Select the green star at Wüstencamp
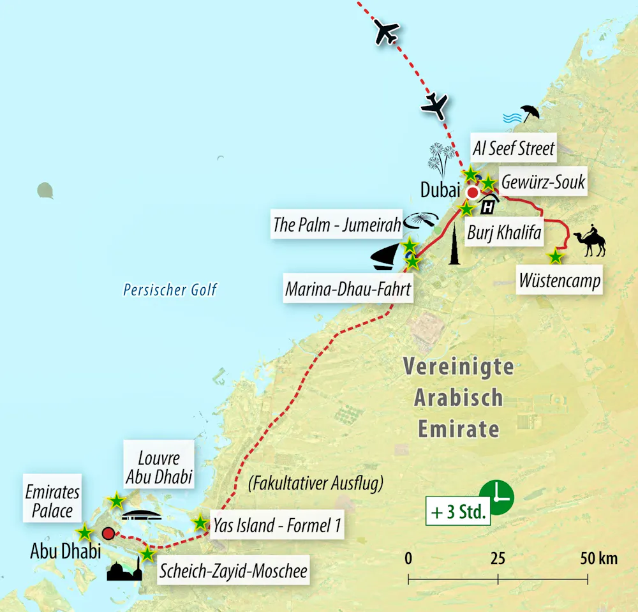[x=556, y=257]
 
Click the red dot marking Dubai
[x=473, y=192]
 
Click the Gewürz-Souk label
[x=543, y=182]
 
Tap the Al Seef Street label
[x=514, y=149]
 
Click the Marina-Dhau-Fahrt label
[x=348, y=289]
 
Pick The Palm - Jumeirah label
[x=337, y=225]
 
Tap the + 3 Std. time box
[x=459, y=511]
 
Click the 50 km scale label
[x=598, y=559]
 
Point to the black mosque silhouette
[x=124, y=569]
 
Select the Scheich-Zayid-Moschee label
[x=233, y=571]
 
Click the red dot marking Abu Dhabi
[x=108, y=533]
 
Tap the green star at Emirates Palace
[x=84, y=532]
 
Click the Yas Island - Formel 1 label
[x=278, y=526]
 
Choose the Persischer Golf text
[x=170, y=290]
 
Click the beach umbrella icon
[x=530, y=113]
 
